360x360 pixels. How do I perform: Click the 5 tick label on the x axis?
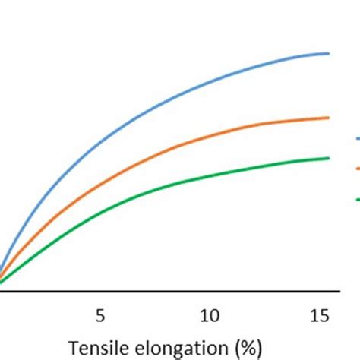click(x=99, y=314)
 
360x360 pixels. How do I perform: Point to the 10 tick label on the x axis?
click(x=209, y=314)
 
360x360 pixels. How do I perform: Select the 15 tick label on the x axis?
click(x=319, y=314)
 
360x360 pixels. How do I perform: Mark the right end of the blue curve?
click(x=329, y=53)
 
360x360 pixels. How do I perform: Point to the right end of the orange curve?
click(x=329, y=118)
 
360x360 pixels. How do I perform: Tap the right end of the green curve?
click(x=329, y=158)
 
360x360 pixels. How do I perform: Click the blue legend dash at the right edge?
click(x=356, y=139)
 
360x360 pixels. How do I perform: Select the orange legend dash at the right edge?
click(x=356, y=169)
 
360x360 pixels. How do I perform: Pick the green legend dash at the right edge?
click(x=356, y=199)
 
